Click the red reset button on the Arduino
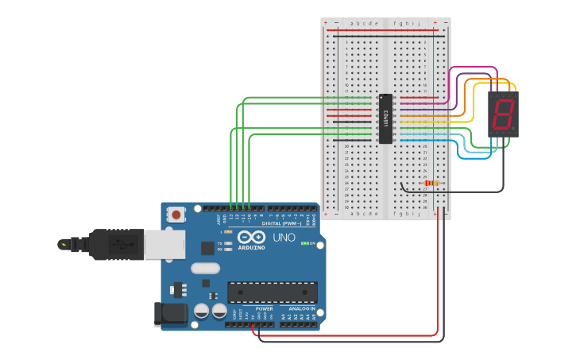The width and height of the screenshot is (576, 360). click(176, 215)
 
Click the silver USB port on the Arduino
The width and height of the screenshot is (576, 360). click(164, 245)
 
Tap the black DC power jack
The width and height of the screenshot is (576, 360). click(170, 314)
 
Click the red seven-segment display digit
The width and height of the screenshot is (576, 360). click(503, 114)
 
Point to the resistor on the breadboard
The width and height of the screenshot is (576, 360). click(430, 183)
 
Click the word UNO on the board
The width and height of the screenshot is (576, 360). click(284, 238)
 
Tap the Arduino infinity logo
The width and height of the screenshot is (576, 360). click(251, 237)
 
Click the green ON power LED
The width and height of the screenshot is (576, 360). click(307, 243)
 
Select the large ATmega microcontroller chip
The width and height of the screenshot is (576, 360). click(272, 292)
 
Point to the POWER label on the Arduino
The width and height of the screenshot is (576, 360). click(264, 308)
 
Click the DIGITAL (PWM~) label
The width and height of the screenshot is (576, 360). click(281, 224)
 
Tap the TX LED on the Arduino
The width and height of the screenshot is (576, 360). click(229, 242)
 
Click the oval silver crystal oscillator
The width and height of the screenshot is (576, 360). click(205, 269)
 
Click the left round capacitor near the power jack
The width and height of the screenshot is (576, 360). click(202, 310)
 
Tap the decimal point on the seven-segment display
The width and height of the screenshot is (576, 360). click(513, 128)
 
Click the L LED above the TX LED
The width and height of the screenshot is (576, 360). click(228, 231)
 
